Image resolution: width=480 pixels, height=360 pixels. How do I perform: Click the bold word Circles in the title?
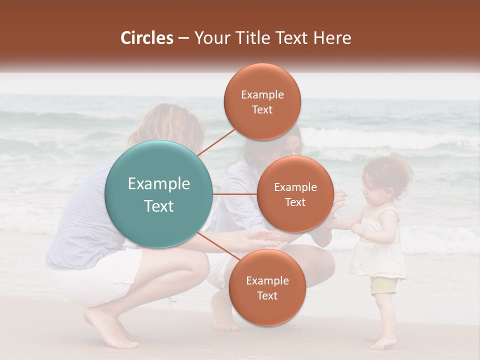(x=147, y=38)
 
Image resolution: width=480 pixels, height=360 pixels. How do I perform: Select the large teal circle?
(x=158, y=194)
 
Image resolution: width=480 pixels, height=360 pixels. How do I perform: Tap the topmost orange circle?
(x=262, y=101)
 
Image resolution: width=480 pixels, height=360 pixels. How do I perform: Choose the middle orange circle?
(x=295, y=194)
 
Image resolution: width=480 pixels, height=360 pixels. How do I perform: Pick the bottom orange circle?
(x=267, y=287)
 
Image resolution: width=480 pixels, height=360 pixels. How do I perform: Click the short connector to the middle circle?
(x=234, y=194)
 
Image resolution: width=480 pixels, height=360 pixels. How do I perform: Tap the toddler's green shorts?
(x=383, y=285)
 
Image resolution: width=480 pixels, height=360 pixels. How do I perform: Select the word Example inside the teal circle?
(x=158, y=184)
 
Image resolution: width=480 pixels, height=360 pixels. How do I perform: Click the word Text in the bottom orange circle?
(x=267, y=295)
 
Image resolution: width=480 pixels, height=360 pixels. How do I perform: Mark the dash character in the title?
(x=183, y=38)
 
